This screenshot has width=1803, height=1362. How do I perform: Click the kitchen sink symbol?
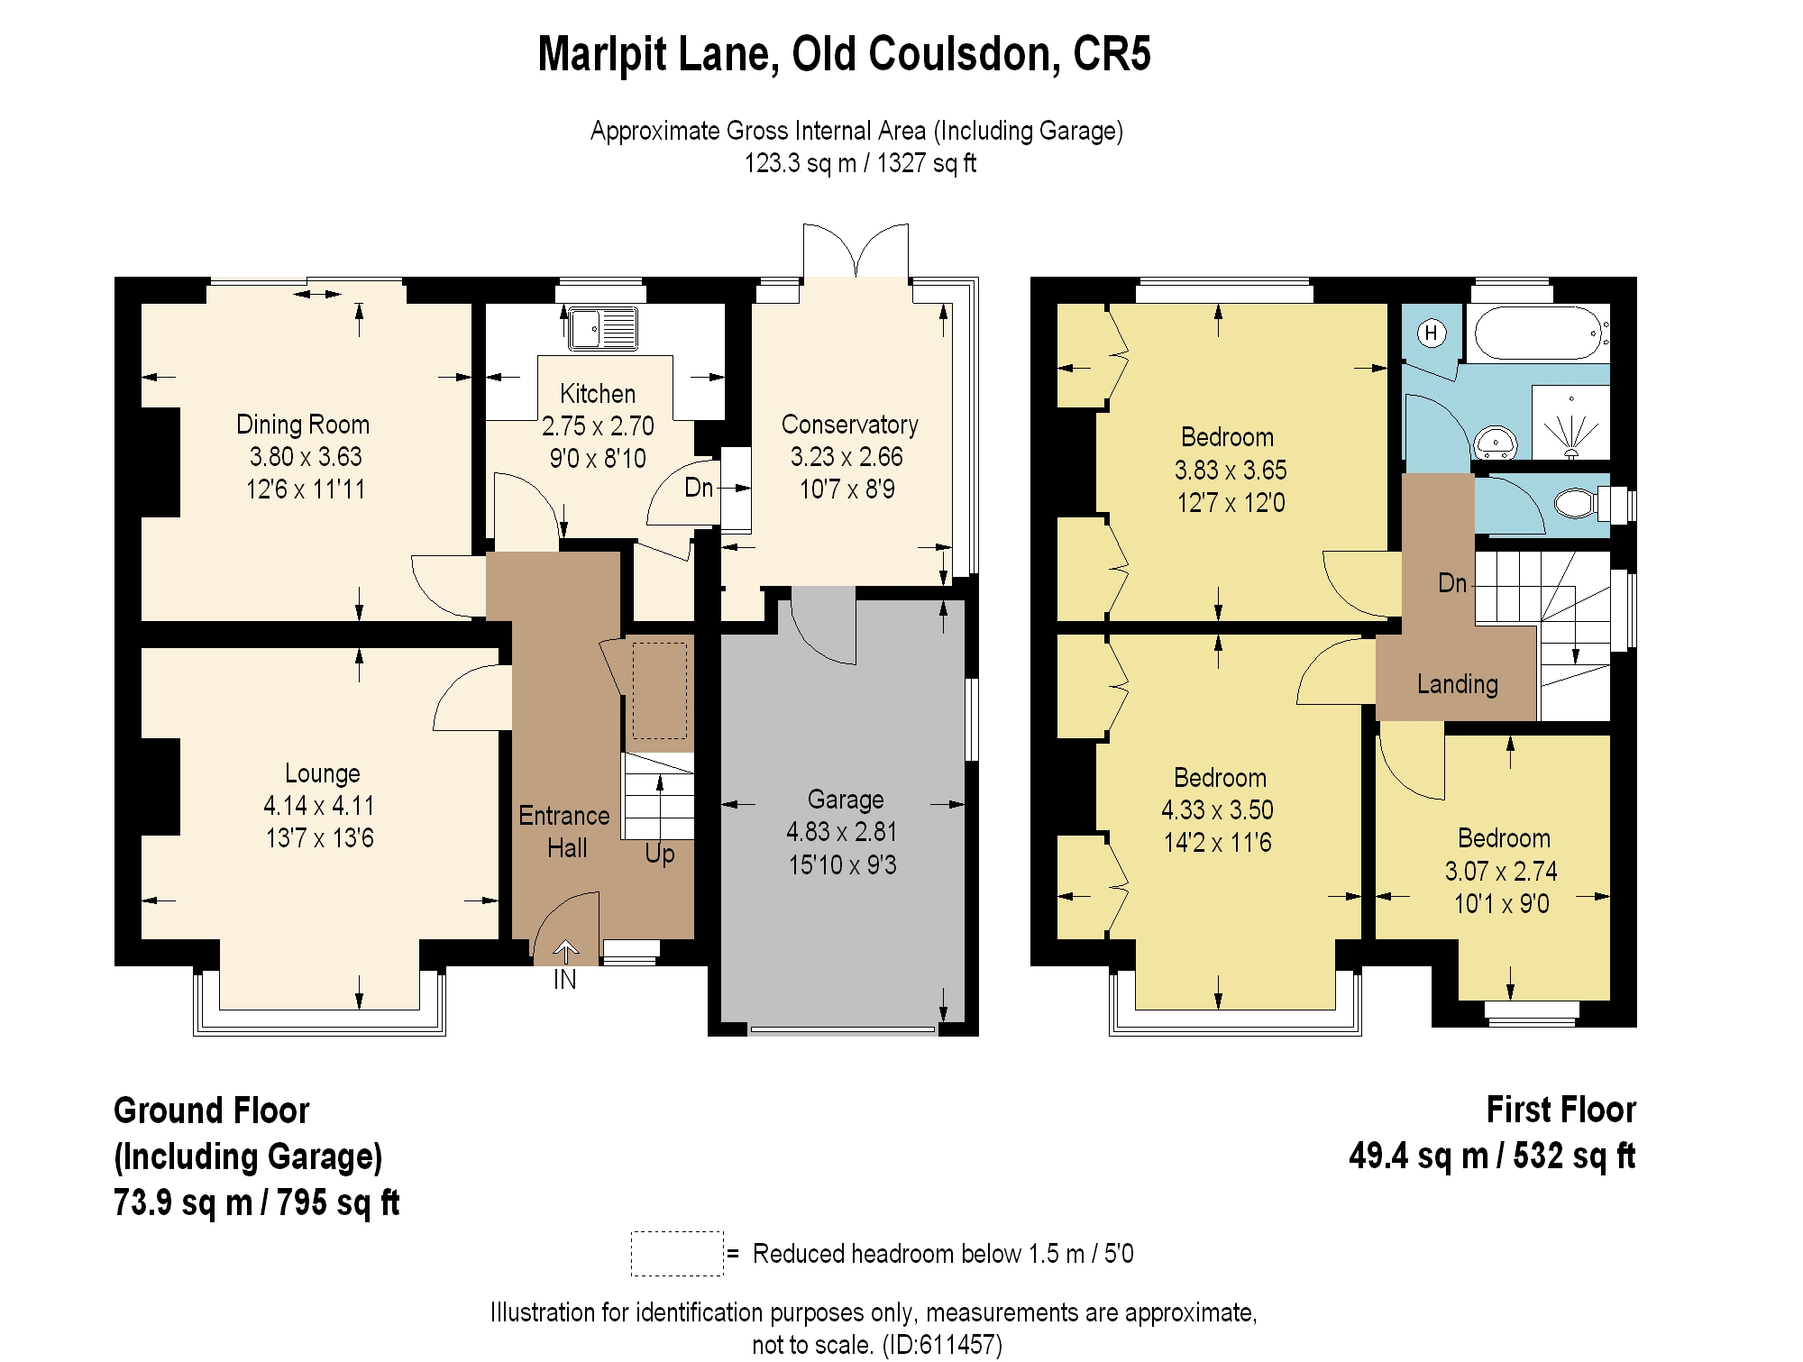click(603, 328)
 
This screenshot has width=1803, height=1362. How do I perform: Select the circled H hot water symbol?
click(1431, 334)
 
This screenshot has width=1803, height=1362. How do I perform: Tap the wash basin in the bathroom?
click(1496, 443)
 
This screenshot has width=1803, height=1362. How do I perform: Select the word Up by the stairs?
click(660, 853)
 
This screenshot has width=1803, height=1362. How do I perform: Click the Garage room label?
click(845, 800)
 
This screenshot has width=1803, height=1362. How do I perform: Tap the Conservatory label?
click(849, 425)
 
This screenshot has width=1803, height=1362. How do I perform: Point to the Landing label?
click(1457, 684)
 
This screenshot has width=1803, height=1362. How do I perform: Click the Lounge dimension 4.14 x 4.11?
click(318, 805)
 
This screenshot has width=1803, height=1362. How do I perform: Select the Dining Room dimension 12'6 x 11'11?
click(306, 489)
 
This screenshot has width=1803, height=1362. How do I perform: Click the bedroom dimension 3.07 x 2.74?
click(1501, 871)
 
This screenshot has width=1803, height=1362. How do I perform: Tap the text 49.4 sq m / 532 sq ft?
click(1491, 1156)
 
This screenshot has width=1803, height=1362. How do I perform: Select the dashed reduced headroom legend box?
click(677, 1253)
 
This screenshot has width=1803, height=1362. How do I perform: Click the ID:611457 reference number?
click(942, 1345)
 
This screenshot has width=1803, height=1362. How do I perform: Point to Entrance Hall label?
click(565, 831)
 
